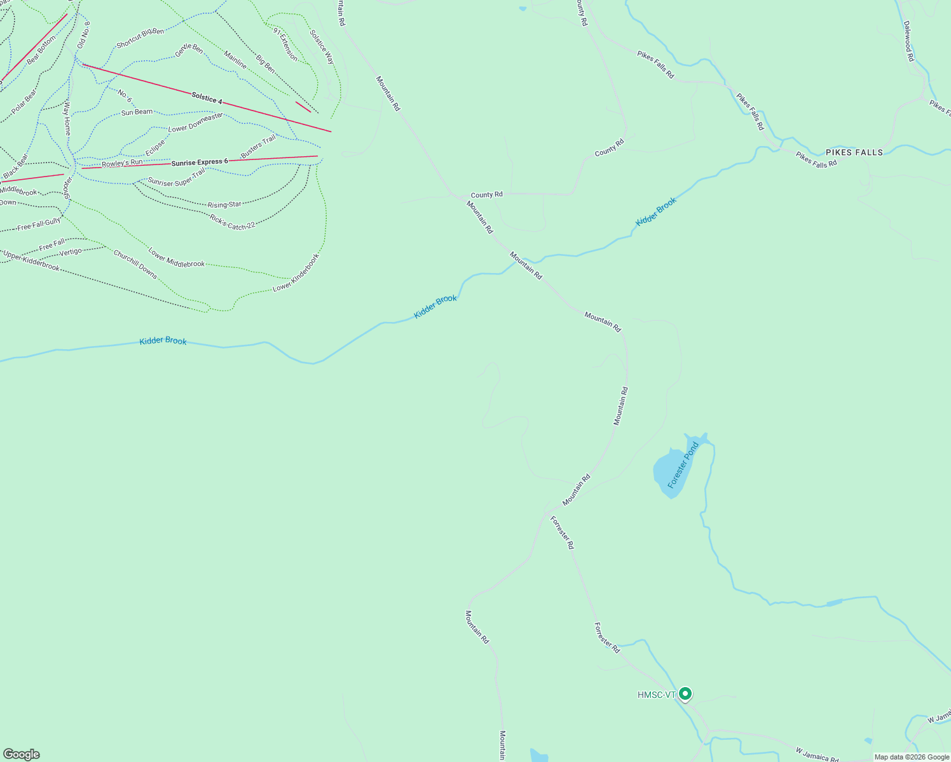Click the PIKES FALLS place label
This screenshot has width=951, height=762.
pos(854,152)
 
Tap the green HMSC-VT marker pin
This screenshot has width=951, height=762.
pos(685,694)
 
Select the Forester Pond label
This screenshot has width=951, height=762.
pos(683,465)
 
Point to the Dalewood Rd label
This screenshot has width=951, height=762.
pos(908,41)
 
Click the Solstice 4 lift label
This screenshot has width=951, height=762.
pos(207,98)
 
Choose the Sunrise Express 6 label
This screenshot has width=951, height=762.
pos(199,162)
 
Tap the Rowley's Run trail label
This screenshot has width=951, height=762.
pos(122,163)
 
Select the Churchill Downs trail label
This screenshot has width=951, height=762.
pos(135,264)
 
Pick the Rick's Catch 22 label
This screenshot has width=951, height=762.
pos(232,222)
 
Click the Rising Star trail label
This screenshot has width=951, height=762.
pos(224,204)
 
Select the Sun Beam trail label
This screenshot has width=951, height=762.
pos(137,112)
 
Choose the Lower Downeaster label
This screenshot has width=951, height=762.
pos(195,123)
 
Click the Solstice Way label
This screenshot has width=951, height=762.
pos(322,46)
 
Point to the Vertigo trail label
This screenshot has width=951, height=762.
pos(70,252)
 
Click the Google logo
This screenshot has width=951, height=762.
pos(22,754)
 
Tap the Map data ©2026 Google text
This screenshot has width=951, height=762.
pos(912,757)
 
